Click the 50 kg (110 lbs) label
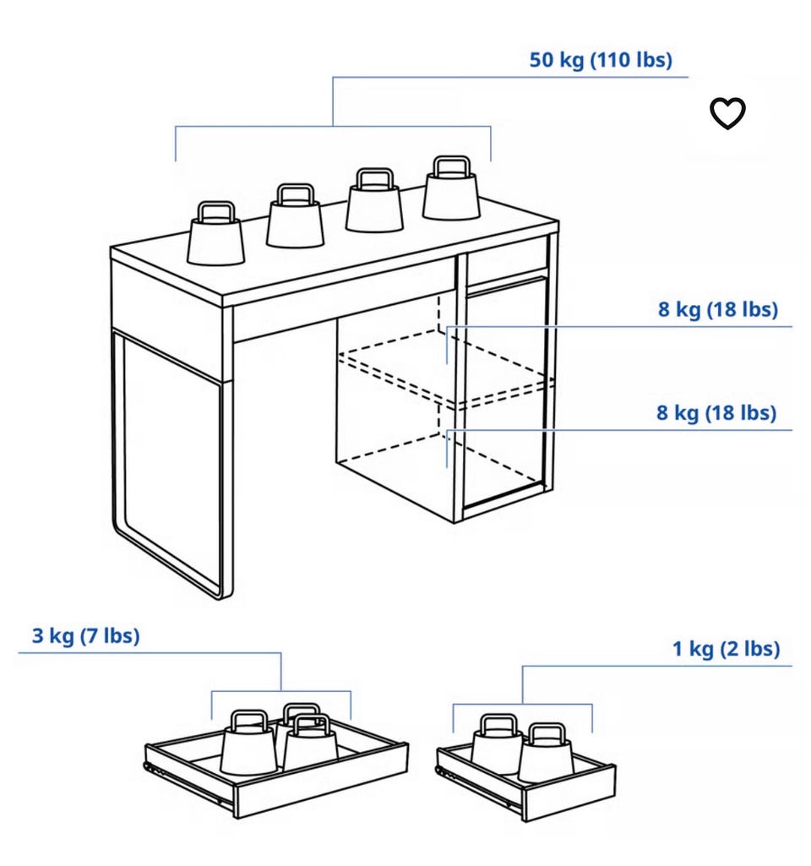pos(601,60)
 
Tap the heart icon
pos(727,113)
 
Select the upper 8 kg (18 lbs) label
pos(718,309)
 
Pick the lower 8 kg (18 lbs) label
pos(716,412)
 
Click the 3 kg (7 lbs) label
pos(85,635)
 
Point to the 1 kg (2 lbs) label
pos(726,649)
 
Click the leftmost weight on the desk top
pos(215,233)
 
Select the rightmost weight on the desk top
pos(451,188)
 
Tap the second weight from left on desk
pos(295,216)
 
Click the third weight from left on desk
pos(374,200)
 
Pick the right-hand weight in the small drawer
pos(546,754)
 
